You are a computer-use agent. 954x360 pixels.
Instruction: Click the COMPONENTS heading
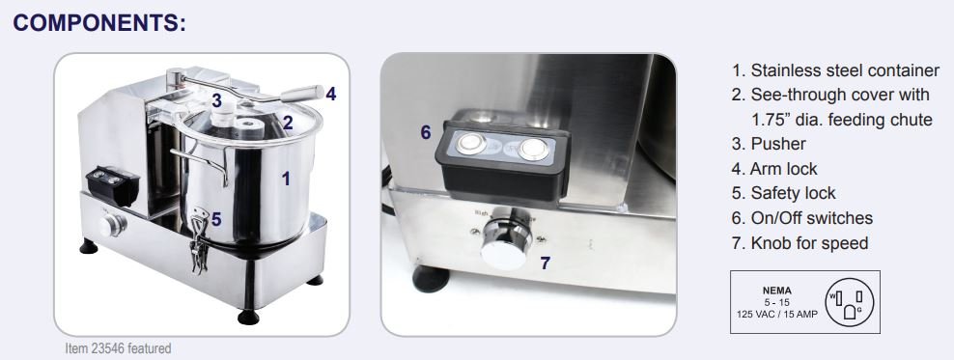click(x=99, y=23)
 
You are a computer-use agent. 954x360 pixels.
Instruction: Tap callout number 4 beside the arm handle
click(x=331, y=94)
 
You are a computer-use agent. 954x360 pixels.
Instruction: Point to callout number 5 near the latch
click(x=216, y=219)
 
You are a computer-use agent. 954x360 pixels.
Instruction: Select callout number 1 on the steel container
click(x=286, y=179)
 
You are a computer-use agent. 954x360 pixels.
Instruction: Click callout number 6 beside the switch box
click(x=426, y=132)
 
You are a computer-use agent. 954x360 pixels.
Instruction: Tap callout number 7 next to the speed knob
click(x=546, y=263)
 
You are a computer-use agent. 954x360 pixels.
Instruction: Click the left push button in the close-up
click(x=473, y=144)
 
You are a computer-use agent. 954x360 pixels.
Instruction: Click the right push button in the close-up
click(x=534, y=149)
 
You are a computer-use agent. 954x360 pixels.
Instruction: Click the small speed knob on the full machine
click(x=113, y=226)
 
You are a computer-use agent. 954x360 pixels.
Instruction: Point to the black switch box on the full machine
click(x=113, y=185)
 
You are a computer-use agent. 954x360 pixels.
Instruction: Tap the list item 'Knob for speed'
click(x=809, y=243)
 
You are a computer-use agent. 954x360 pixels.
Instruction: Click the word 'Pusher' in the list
click(x=778, y=144)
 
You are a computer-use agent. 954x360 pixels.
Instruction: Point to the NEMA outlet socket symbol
click(x=849, y=302)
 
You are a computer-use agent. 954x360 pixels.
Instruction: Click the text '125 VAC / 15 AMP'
click(x=777, y=314)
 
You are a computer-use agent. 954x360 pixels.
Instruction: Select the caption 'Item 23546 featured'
click(x=118, y=348)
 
